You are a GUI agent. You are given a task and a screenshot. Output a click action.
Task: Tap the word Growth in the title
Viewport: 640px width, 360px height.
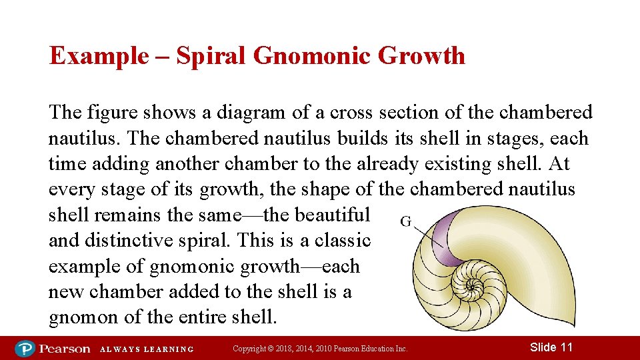point(421,55)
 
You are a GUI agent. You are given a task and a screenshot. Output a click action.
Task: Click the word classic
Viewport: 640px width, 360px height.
point(341,240)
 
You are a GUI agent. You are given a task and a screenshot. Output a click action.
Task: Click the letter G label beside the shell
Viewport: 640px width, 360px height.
point(405,222)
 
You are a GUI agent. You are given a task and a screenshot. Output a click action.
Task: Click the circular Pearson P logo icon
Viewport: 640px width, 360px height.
point(25,348)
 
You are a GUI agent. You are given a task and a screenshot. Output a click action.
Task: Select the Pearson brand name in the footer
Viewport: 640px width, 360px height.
point(64,348)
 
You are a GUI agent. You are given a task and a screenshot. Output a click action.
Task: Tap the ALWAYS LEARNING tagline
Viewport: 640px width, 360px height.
point(147,349)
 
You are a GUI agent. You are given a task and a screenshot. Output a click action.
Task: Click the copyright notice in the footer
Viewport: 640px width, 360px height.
point(320,349)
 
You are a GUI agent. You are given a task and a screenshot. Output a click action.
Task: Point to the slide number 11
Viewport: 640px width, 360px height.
point(551,347)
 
